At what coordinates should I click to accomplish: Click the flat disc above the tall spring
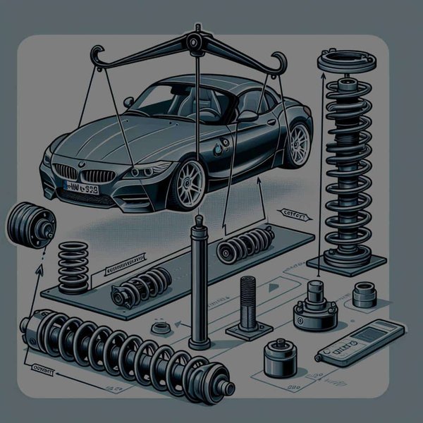(x=346, y=61)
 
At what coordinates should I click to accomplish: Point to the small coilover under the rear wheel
(x=246, y=243)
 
